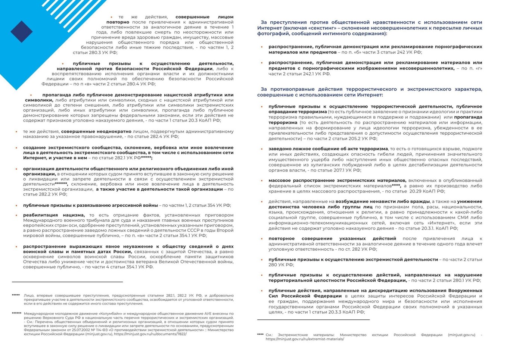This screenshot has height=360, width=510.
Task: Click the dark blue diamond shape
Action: pyautogui.click(x=22, y=31)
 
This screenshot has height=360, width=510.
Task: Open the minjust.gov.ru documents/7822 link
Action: pyautogui.click(x=150, y=334)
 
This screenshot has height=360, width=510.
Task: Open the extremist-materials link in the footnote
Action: pyautogui.click(x=305, y=339)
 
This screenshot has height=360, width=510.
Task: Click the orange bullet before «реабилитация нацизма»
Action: pyautogui.click(x=16, y=215)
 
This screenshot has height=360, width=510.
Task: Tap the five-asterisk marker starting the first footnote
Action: pyautogui.click(x=16, y=295)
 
